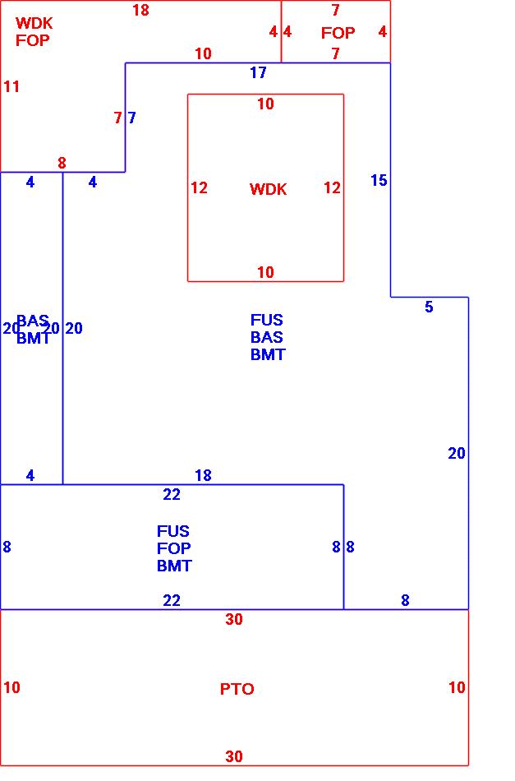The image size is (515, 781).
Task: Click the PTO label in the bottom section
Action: (237, 689)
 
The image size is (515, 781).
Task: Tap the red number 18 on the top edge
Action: (140, 11)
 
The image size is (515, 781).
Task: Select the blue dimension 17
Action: (258, 73)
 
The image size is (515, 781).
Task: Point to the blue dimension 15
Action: (379, 181)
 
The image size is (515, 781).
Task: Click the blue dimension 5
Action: (429, 307)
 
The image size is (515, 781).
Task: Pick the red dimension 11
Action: (11, 86)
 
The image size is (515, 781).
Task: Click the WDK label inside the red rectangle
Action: (268, 190)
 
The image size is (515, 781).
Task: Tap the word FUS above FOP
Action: (173, 531)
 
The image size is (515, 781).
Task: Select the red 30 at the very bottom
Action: (234, 757)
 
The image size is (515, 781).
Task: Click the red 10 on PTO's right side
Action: (457, 687)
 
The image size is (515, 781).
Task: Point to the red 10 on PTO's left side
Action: (11, 687)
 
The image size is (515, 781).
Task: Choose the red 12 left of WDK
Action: (199, 188)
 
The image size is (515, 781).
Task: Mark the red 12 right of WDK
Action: (332, 188)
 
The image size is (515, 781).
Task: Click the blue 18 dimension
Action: (203, 475)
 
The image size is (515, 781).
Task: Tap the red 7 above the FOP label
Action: (335, 11)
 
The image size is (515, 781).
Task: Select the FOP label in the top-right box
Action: (338, 33)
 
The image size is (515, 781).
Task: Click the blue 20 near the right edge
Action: (457, 453)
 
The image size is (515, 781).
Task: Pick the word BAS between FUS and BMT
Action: (267, 337)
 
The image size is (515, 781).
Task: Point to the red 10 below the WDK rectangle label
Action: (265, 272)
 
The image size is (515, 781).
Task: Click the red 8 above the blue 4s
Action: (62, 163)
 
